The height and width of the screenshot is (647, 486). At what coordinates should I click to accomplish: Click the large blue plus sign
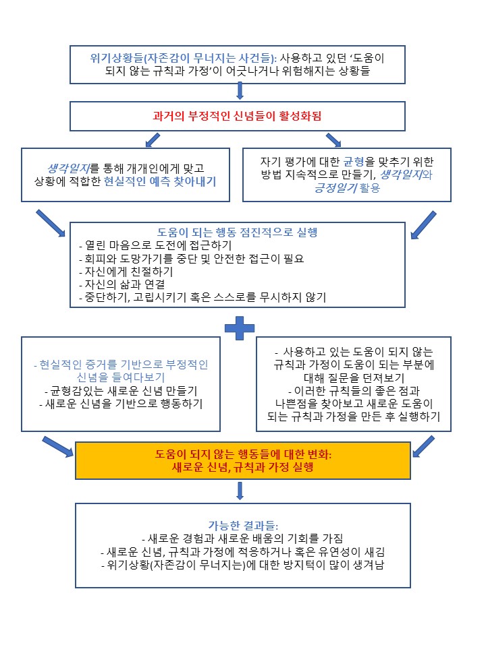[x=239, y=329]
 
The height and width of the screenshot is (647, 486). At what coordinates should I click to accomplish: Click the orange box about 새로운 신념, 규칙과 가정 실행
[x=242, y=461]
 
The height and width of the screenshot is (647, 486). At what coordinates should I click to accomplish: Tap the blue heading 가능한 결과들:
[x=240, y=525]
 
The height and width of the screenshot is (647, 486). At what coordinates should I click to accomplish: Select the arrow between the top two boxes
[x=240, y=91]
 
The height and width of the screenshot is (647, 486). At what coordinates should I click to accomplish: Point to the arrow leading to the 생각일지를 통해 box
[x=153, y=140]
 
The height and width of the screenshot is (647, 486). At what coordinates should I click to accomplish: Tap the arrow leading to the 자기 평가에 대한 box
[x=333, y=140]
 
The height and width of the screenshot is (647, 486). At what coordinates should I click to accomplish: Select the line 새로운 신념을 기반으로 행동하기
[x=121, y=403]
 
